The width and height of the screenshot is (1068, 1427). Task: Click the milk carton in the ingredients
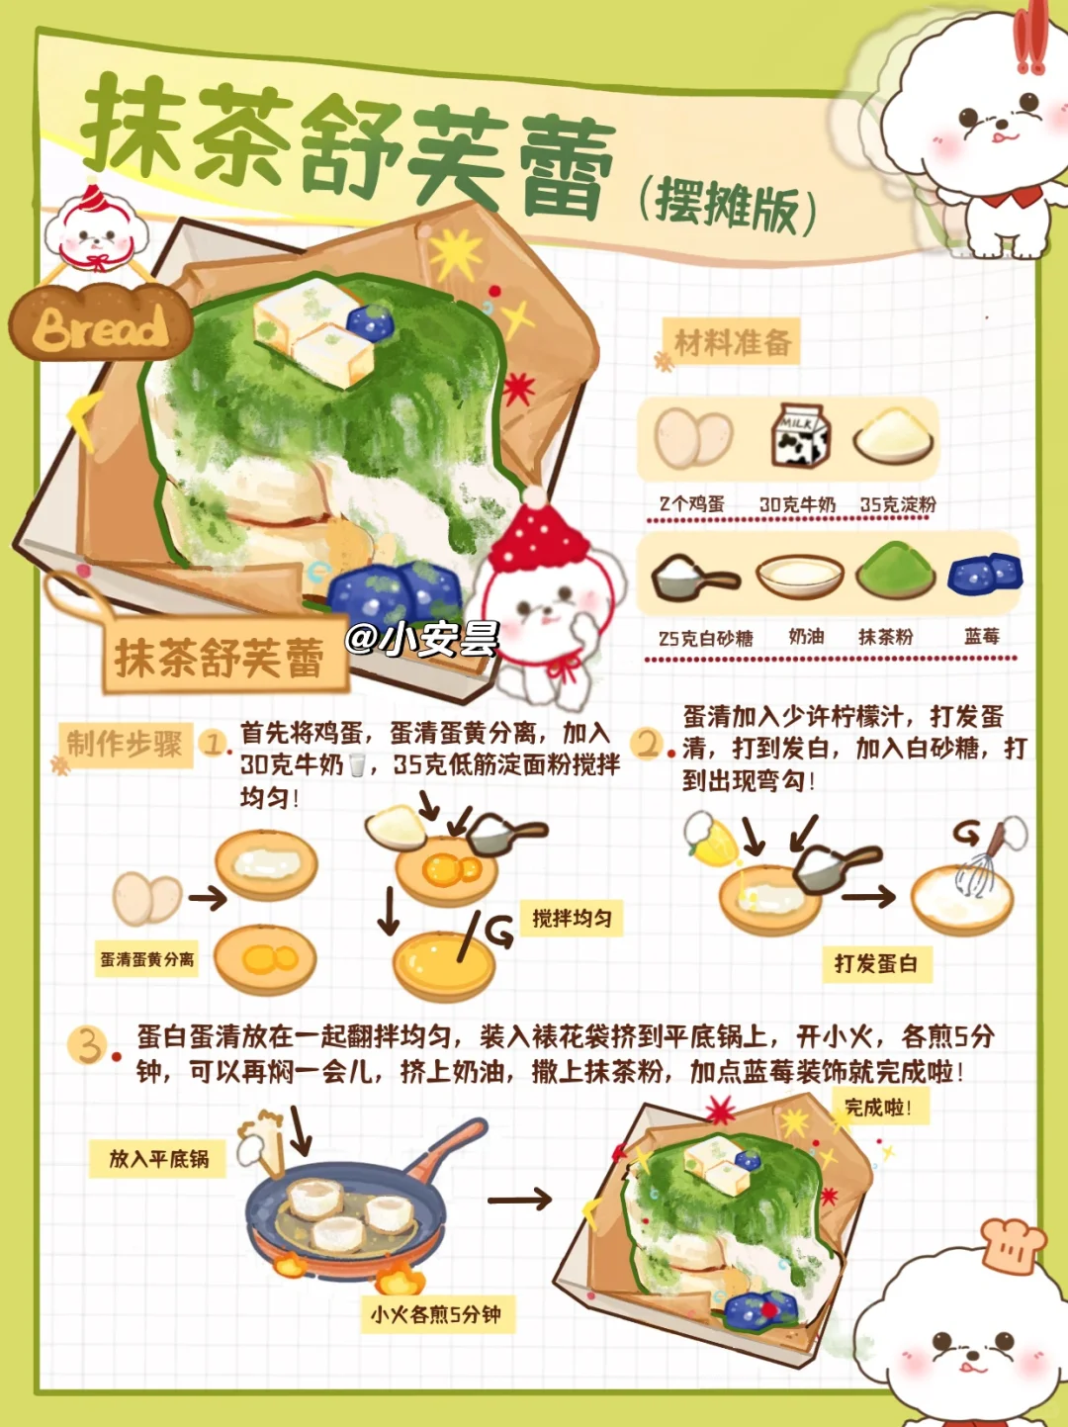click(x=799, y=434)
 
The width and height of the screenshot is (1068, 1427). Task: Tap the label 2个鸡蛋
click(x=691, y=503)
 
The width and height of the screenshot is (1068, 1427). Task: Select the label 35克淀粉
click(x=898, y=503)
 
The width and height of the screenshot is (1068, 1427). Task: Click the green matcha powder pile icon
click(x=895, y=570)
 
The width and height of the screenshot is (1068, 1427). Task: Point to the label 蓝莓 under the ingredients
click(x=982, y=637)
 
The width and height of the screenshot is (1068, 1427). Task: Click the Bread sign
click(x=101, y=322)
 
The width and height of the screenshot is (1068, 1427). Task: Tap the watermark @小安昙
click(x=422, y=639)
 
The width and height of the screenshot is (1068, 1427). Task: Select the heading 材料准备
click(x=733, y=342)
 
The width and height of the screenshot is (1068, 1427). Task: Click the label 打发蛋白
click(x=875, y=963)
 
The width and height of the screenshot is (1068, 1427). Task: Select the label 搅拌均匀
click(x=572, y=918)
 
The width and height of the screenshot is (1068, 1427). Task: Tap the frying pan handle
click(x=447, y=1151)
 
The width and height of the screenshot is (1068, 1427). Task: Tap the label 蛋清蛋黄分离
click(x=147, y=959)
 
